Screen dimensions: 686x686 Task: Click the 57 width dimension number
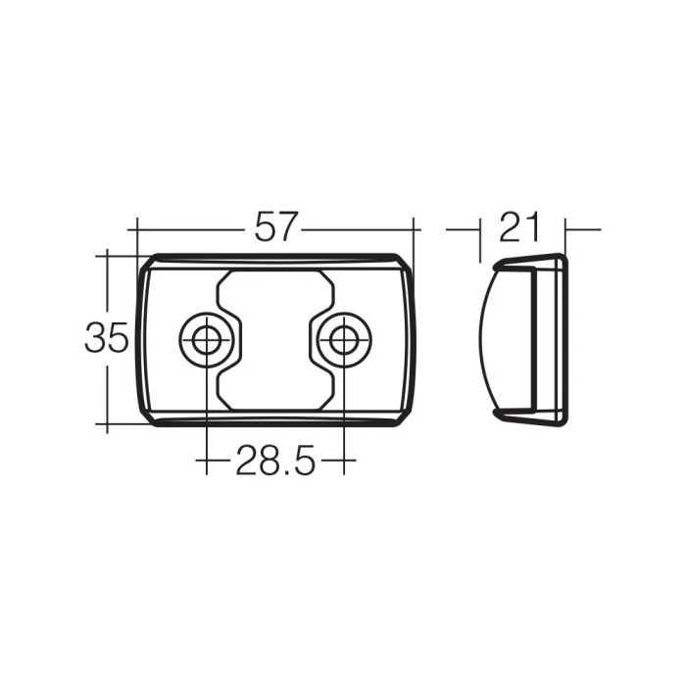[x=276, y=226]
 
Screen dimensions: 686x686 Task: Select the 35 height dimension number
[x=106, y=337]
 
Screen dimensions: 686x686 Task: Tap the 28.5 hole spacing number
[x=275, y=461]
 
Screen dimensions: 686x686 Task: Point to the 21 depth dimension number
[x=519, y=226]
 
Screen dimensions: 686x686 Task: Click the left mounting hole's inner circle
[x=207, y=339]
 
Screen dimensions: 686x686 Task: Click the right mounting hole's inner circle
[x=344, y=339]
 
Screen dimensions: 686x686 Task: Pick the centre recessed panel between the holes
[x=275, y=340]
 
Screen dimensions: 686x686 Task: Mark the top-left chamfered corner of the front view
[x=147, y=263]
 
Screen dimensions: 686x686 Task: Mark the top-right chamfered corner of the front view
[x=404, y=263]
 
